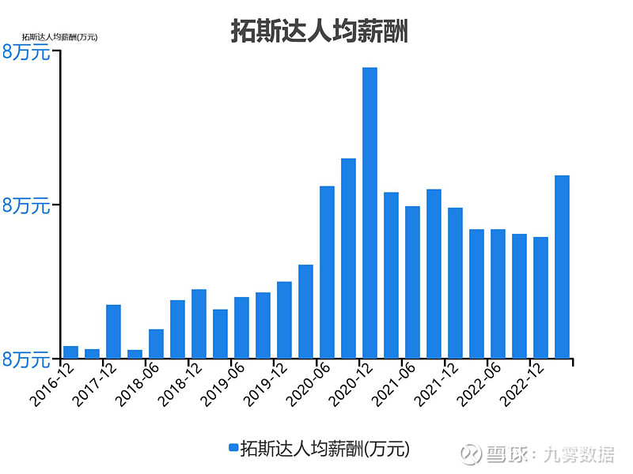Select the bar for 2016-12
[70, 352]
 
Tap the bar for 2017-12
[113, 332]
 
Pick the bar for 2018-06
[156, 344]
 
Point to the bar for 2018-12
[199, 324]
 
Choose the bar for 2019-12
[284, 320]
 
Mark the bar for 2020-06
[327, 272]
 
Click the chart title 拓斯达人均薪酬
[319, 31]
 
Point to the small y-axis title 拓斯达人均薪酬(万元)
[59, 36]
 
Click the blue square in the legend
[233, 448]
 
